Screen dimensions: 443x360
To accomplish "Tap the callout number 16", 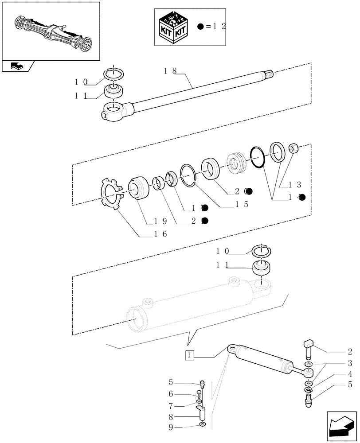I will tap(160, 234).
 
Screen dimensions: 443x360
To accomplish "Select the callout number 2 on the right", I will tap(350, 353).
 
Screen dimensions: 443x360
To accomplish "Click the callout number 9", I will tap(170, 427).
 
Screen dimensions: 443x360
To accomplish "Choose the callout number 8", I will tap(170, 416).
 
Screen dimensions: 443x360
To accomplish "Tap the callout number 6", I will tap(170, 393).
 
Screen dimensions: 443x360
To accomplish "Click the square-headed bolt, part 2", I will tap(309, 347).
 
